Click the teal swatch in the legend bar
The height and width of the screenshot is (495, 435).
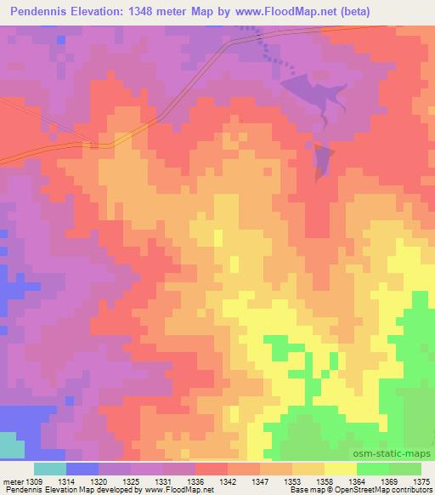50,469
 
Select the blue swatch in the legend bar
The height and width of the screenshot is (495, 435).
82,469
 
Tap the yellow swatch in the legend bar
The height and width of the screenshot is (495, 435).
341,469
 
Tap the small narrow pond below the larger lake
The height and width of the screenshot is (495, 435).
322,161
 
